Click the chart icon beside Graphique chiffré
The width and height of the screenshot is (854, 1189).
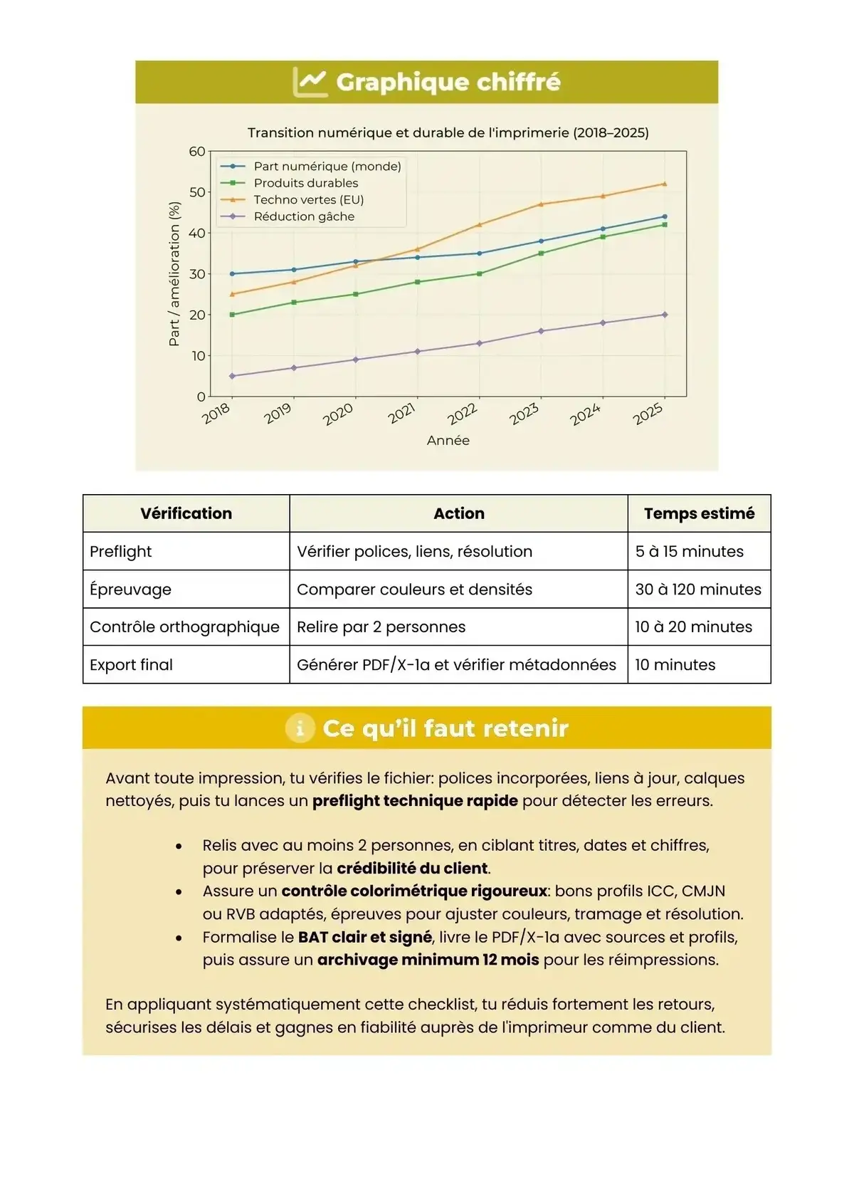[x=310, y=82]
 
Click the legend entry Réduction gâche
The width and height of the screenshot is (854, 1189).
[x=304, y=216]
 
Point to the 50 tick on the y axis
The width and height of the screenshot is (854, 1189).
[x=197, y=192]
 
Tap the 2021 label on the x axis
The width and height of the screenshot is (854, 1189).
[x=402, y=414]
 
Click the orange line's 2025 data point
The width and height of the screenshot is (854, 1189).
[x=665, y=184]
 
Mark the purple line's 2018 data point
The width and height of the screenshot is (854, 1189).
[x=232, y=376]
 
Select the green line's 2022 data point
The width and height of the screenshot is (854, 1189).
[x=479, y=274]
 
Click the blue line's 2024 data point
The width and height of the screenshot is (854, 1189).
[x=603, y=229]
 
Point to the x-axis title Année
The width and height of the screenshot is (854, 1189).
[x=448, y=441]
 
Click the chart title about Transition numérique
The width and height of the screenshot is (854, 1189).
[x=448, y=132]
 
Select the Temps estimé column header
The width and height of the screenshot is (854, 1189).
[x=699, y=513]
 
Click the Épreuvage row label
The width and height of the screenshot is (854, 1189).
[x=130, y=590]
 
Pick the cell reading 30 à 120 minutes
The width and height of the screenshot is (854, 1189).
[x=697, y=590]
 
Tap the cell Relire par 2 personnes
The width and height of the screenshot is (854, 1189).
[x=381, y=627]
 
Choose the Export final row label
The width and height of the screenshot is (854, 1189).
[x=131, y=665]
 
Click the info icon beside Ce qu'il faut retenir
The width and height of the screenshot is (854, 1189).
[x=300, y=728]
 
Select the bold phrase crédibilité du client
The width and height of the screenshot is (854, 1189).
[x=412, y=869]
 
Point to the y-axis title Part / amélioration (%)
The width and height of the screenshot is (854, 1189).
[x=174, y=274]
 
